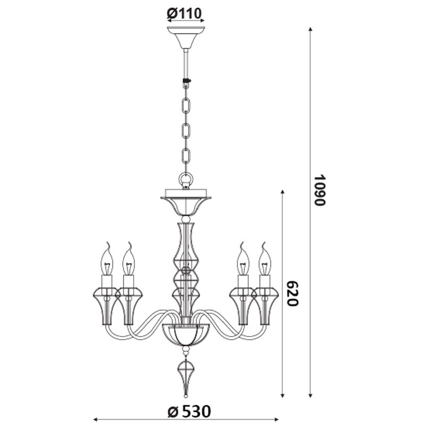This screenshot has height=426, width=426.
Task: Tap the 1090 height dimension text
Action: click(x=319, y=190)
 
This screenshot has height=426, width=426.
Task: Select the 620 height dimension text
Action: click(x=293, y=294)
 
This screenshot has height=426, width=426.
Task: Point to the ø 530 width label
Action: click(x=189, y=411)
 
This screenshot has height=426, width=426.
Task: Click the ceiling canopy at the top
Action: click(x=186, y=37)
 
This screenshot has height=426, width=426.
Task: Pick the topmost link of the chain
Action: click(x=186, y=105)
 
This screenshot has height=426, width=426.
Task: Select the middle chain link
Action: click(x=186, y=130)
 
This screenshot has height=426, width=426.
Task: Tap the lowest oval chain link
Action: click(x=186, y=156)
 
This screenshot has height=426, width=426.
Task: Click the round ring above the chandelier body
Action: click(x=186, y=179)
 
